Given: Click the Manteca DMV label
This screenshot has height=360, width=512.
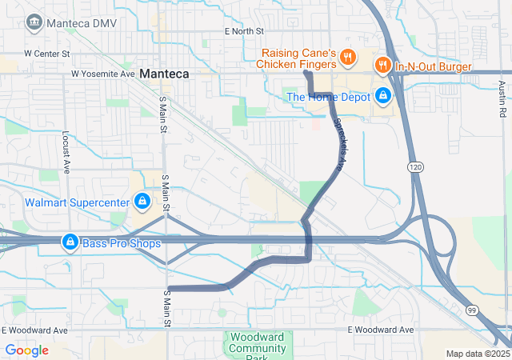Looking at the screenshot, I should click(82, 22).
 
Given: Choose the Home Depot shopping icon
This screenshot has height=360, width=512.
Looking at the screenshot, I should click(383, 97).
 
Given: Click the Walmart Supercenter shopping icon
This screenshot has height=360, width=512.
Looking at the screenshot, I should click(142, 201).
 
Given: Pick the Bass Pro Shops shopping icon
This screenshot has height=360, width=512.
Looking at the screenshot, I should click(70, 242).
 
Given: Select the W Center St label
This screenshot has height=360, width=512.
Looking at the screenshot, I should click(48, 54).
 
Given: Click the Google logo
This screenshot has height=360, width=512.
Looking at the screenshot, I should click(26, 350).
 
